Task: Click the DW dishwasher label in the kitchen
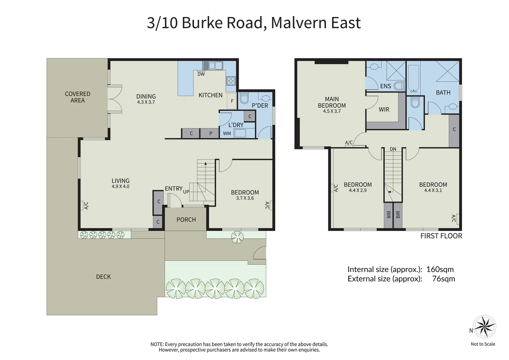pyautogui.click(x=201, y=74)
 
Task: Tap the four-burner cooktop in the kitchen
pyautogui.click(x=231, y=81)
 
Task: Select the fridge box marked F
pyautogui.click(x=232, y=101)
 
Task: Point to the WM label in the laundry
pyautogui.click(x=227, y=133)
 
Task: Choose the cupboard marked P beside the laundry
pyautogui.click(x=210, y=133)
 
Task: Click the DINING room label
pyautogui.click(x=146, y=96)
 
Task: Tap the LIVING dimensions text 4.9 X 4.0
pyautogui.click(x=120, y=187)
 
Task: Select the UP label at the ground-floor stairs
pyautogui.click(x=186, y=192)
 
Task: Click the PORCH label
pyautogui.click(x=186, y=220)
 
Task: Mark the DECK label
pyautogui.click(x=103, y=277)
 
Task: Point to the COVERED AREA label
pyautogui.click(x=77, y=97)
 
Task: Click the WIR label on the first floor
pyautogui.click(x=384, y=109)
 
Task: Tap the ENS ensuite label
pyautogui.click(x=386, y=86)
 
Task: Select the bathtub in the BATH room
pyautogui.click(x=413, y=78)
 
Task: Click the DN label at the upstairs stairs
pyautogui.click(x=393, y=149)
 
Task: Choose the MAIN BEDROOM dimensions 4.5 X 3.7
pyautogui.click(x=332, y=111)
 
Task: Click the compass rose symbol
pyautogui.click(x=485, y=327)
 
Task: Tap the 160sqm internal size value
pyautogui.click(x=440, y=269)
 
